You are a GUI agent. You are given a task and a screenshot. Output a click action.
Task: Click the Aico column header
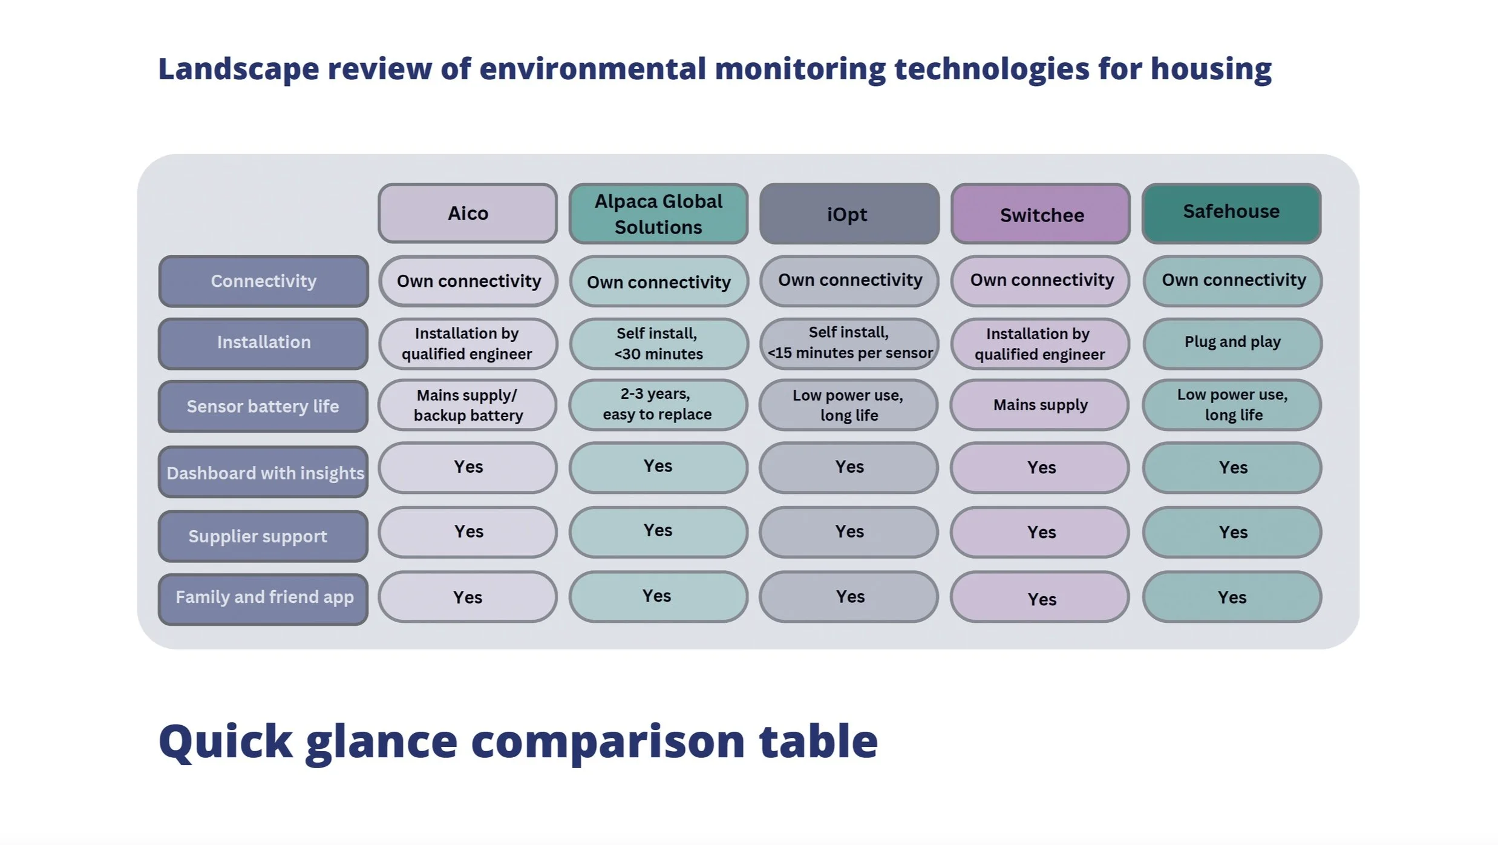pyautogui.click(x=468, y=214)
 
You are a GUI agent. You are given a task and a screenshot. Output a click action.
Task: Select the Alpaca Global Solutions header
pyautogui.click(x=658, y=214)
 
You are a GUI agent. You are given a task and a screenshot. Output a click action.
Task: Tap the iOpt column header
pyautogui.click(x=849, y=214)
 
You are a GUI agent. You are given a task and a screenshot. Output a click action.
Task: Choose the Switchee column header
pyautogui.click(x=1040, y=214)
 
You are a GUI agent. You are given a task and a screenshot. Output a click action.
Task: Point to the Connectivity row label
pyautogui.click(x=263, y=281)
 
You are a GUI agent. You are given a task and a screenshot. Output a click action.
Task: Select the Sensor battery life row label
pyautogui.click(x=263, y=406)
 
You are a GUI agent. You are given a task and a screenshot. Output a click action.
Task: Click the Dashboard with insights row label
pyautogui.click(x=263, y=472)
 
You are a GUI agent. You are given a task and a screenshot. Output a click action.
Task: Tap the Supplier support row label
pyautogui.click(x=263, y=536)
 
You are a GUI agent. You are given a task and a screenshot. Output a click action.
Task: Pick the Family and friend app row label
pyautogui.click(x=263, y=598)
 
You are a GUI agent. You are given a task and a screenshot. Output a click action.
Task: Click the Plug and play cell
pyautogui.click(x=1232, y=343)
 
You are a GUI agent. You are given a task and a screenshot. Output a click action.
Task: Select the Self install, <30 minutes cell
pyautogui.click(x=658, y=343)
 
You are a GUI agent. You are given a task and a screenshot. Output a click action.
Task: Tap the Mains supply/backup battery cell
pyautogui.click(x=468, y=405)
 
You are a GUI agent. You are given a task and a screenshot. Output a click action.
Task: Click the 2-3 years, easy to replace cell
pyautogui.click(x=658, y=404)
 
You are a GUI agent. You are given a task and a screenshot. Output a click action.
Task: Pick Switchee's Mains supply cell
pyautogui.click(x=1040, y=405)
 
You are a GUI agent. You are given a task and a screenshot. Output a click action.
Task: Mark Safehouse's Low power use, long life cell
pyautogui.click(x=1232, y=405)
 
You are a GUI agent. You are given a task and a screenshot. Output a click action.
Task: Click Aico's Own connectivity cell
pyautogui.click(x=468, y=281)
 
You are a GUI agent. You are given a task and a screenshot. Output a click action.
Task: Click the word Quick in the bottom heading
pyautogui.click(x=226, y=741)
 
